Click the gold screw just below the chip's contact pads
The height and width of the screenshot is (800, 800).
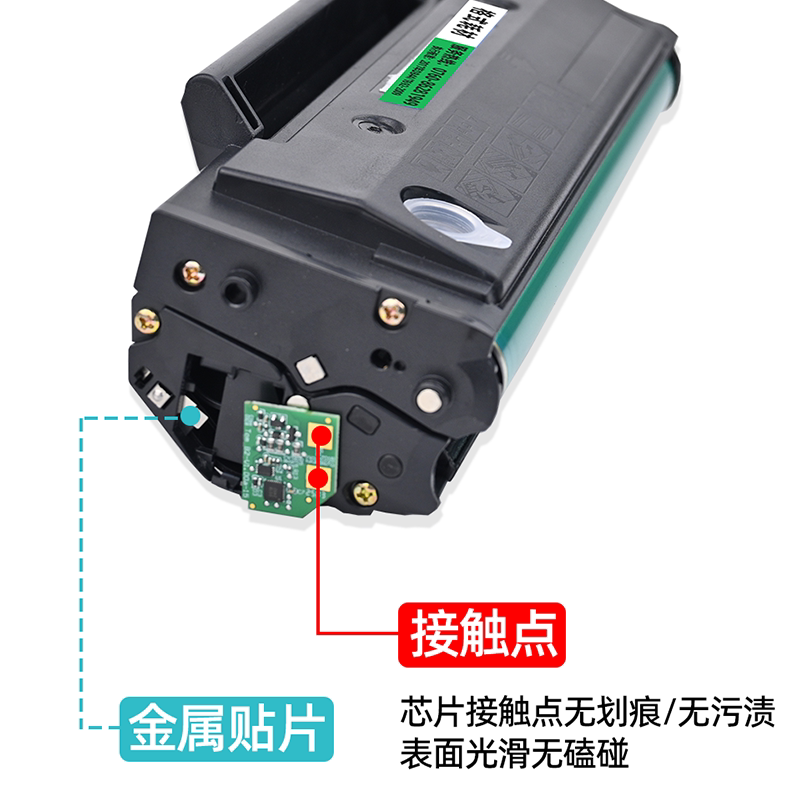[366, 491]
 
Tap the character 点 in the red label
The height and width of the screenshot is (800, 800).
[527, 631]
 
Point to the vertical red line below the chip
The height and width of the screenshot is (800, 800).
[319, 560]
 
